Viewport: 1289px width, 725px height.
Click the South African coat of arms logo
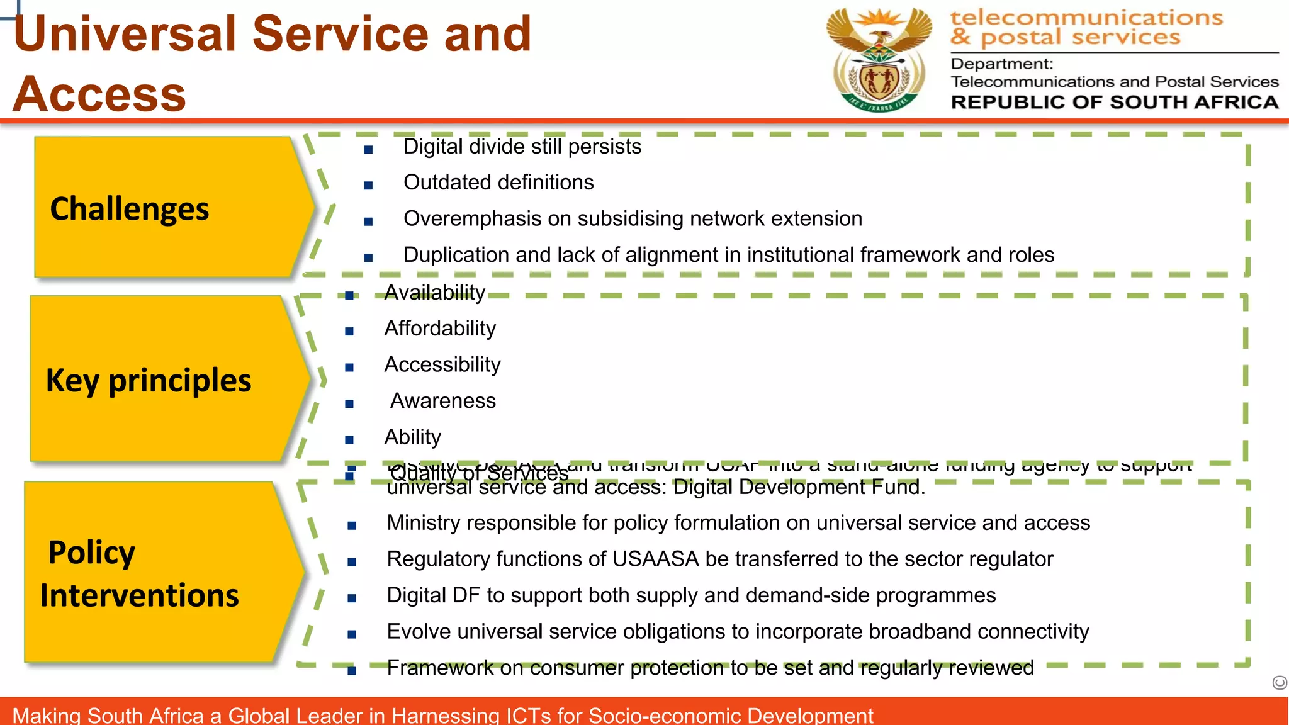879,60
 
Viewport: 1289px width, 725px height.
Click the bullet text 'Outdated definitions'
498,183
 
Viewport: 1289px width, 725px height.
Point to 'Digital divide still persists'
522,147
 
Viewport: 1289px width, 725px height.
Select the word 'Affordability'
440,329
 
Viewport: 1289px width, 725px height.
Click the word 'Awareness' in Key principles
443,401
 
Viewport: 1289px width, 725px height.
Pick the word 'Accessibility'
442,365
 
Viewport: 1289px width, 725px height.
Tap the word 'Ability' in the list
413,437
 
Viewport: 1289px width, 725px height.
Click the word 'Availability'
435,293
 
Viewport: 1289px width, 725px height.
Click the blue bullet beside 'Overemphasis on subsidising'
369,222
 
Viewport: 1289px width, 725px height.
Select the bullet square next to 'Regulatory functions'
352,562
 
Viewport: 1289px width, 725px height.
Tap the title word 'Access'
99,94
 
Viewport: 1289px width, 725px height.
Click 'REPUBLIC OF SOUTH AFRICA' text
1114,102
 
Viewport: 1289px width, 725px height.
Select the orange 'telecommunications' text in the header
1086,18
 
